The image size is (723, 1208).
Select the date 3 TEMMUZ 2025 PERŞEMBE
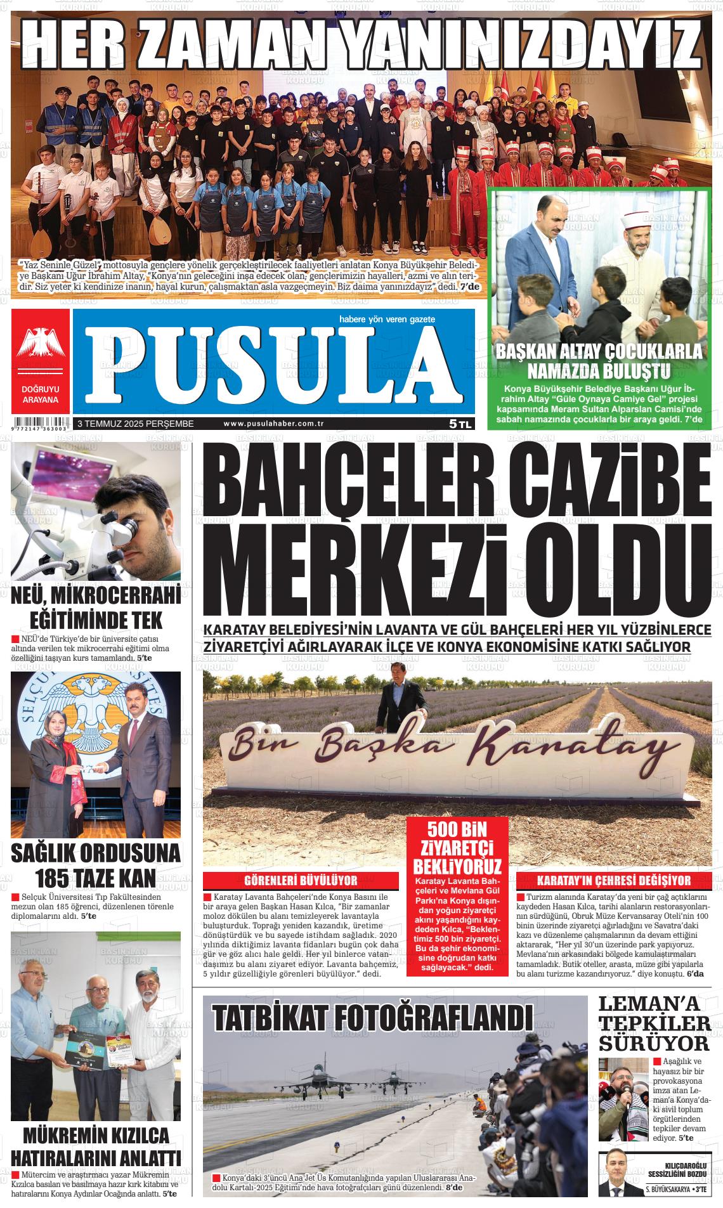coord(135,424)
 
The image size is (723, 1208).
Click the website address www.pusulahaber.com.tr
coord(274,424)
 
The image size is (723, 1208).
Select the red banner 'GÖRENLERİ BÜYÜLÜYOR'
coord(301,880)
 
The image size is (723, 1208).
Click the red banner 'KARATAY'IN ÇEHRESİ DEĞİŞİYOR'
coord(614,880)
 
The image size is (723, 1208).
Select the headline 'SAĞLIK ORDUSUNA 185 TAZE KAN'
coord(96,866)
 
